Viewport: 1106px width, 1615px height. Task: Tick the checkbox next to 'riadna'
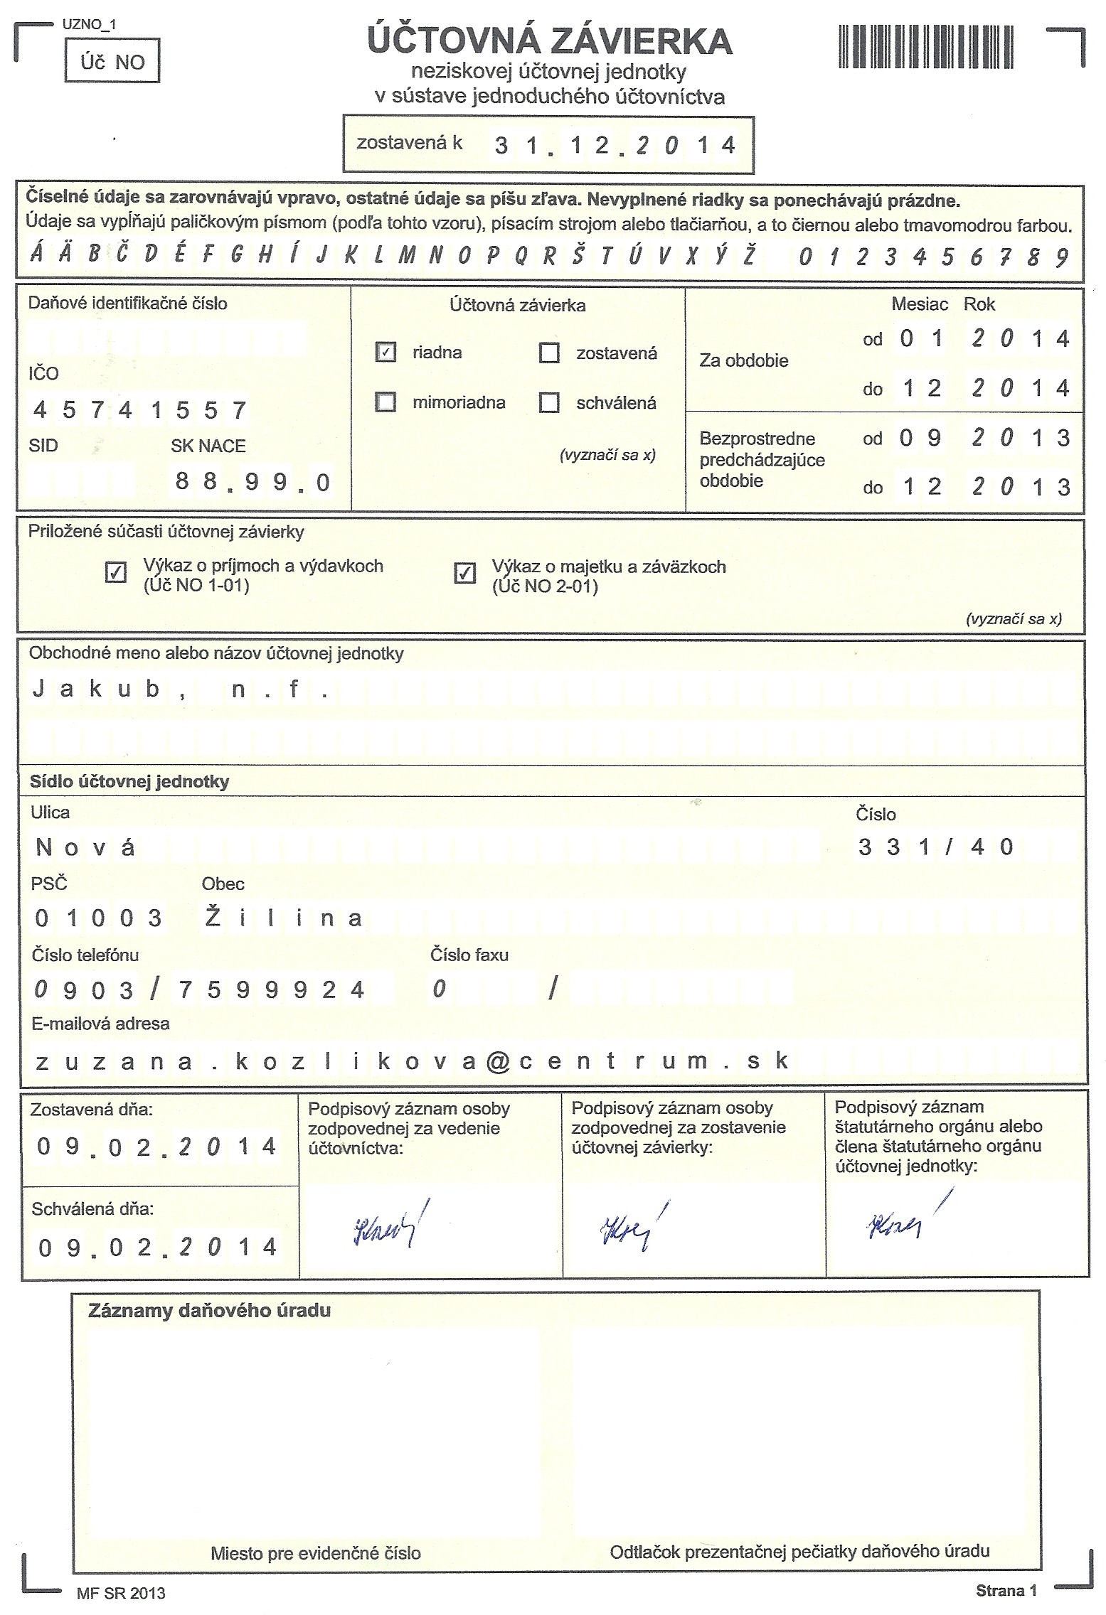pyautogui.click(x=385, y=353)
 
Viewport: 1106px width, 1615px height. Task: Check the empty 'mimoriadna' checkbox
pyautogui.click(x=385, y=403)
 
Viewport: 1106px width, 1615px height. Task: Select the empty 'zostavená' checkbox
pyautogui.click(x=549, y=353)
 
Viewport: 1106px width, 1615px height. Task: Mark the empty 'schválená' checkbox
pyautogui.click(x=549, y=403)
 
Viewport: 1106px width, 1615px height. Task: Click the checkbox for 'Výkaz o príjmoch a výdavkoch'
pyautogui.click(x=115, y=572)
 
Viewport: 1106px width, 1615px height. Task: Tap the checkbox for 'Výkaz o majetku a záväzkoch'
pyautogui.click(x=464, y=572)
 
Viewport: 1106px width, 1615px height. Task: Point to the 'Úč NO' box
pyautogui.click(x=112, y=63)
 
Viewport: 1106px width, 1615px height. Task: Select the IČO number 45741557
pyautogui.click(x=139, y=410)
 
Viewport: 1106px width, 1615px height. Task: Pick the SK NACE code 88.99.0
pyautogui.click(x=252, y=482)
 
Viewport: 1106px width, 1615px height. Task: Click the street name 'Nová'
pyautogui.click(x=85, y=847)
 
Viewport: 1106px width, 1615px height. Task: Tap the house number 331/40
pyautogui.click(x=935, y=847)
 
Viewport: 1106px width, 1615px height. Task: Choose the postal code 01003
pyautogui.click(x=98, y=918)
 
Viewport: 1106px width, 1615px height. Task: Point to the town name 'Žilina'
pyautogui.click(x=283, y=918)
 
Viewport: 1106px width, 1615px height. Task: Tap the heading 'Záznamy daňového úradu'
pyautogui.click(x=209, y=1311)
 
